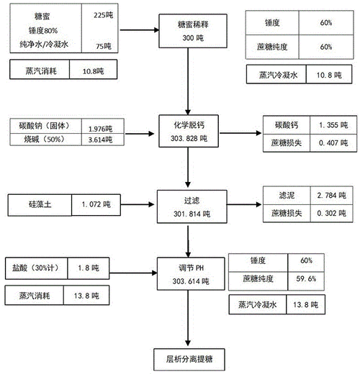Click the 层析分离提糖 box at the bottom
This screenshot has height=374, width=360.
189,357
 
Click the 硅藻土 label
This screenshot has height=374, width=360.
40,204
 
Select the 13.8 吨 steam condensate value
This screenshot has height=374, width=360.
317,305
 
